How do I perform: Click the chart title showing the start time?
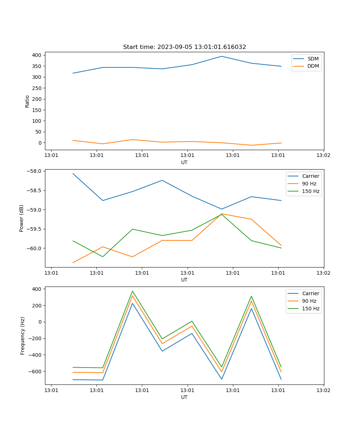tap(184, 47)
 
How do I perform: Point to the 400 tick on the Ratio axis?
tap(37, 55)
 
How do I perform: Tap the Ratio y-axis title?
tap(27, 101)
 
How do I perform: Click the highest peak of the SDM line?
tap(222, 56)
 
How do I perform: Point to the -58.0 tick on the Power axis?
tap(35, 171)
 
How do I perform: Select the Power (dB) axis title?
tap(22, 218)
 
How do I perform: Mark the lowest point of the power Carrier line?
tap(222, 209)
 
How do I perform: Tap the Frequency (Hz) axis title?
tap(22, 336)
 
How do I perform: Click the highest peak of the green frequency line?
tap(132, 291)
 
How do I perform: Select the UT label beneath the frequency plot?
tap(184, 397)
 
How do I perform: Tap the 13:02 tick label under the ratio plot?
tap(323, 156)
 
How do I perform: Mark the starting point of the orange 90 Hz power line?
tap(73, 263)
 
